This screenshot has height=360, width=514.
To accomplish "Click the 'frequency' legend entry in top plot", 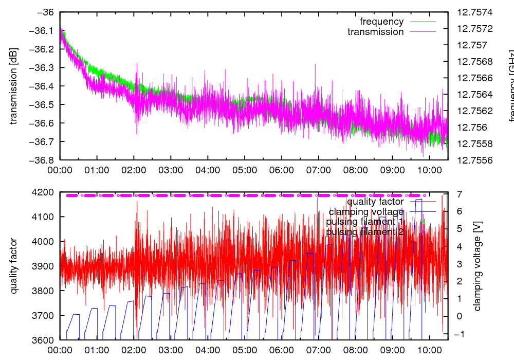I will (381, 22).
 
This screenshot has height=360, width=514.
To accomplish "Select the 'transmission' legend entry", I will (376, 32).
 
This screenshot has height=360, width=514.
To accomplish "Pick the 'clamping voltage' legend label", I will (366, 211).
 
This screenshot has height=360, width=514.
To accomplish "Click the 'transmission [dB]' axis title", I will (14, 86).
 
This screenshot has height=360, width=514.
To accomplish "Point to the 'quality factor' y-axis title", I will (14, 266).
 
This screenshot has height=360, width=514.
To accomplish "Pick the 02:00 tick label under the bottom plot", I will (134, 349).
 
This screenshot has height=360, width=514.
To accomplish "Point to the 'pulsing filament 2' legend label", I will (365, 232).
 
